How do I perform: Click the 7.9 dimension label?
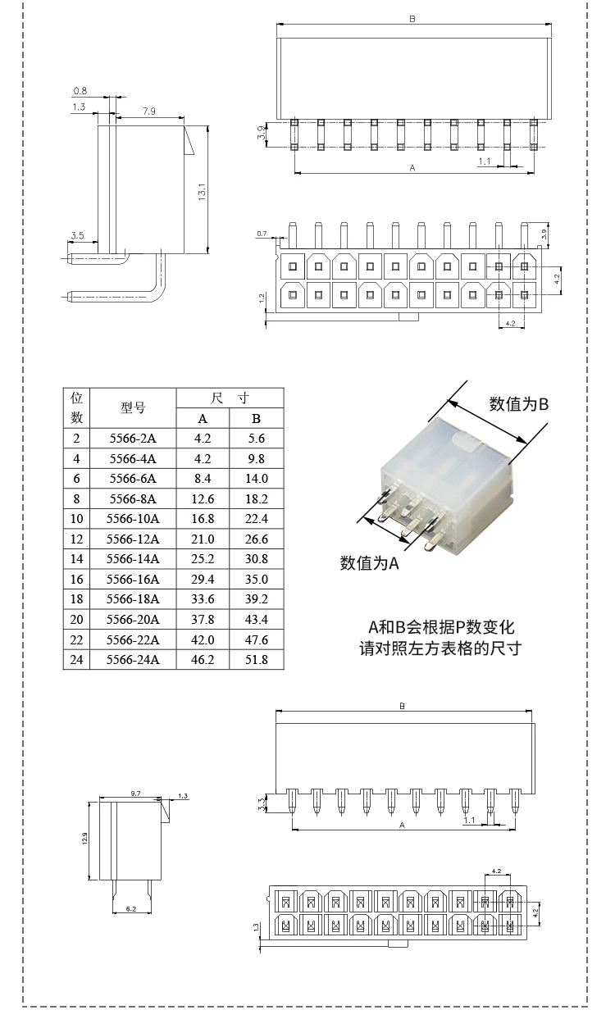[x=148, y=111]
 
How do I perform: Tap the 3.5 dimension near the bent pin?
[x=77, y=236]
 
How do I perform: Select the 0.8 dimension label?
[x=80, y=90]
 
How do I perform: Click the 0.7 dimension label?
[x=262, y=234]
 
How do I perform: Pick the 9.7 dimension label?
[x=136, y=794]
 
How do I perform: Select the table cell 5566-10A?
[x=133, y=519]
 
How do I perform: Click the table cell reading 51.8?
[x=257, y=659]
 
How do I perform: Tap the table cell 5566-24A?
[x=133, y=659]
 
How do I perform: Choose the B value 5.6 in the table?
[x=257, y=439]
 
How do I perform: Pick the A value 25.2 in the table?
[x=203, y=559]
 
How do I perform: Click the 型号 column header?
[x=133, y=408]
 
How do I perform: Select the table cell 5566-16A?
[x=133, y=579]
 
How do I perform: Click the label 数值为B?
[x=518, y=403]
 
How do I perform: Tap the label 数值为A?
[x=369, y=563]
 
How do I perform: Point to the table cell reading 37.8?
[x=203, y=619]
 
